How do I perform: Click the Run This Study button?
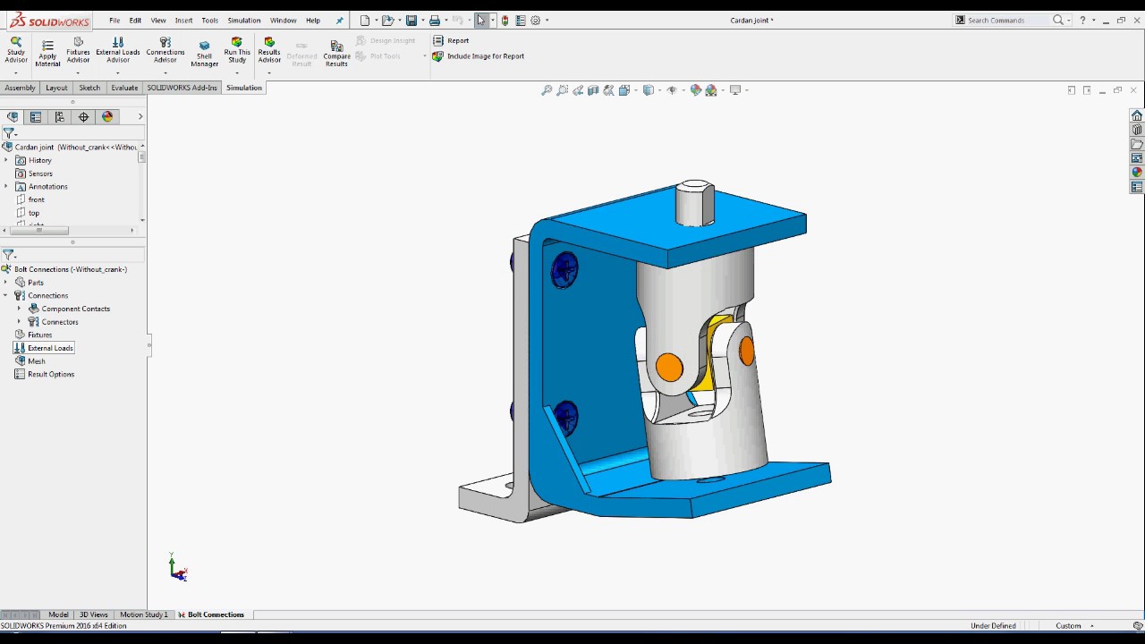(237, 50)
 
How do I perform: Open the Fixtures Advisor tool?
(78, 50)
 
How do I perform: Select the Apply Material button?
(47, 53)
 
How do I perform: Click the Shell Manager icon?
(204, 53)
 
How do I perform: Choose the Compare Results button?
(336, 53)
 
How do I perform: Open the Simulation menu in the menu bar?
(243, 20)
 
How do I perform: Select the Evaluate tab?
(124, 88)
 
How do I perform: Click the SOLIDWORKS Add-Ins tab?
(182, 88)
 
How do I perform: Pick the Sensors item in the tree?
(40, 174)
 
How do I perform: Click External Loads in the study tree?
(50, 348)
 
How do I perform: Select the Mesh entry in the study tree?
(37, 361)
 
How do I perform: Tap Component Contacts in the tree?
(75, 309)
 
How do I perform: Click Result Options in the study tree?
(51, 374)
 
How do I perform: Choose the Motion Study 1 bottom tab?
(143, 614)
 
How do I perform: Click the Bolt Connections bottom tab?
(216, 614)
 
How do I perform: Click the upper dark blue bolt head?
(564, 269)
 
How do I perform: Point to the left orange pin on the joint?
(669, 367)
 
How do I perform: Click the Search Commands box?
(1006, 20)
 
